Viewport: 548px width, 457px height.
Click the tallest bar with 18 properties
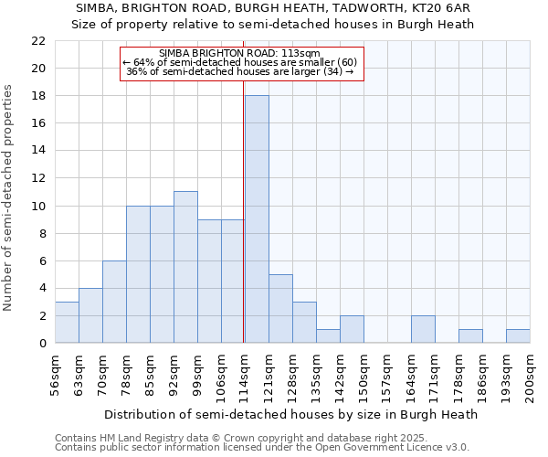(257, 219)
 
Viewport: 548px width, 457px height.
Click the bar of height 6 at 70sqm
(114, 302)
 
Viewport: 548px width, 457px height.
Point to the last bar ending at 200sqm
(518, 335)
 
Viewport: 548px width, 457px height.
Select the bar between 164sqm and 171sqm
(423, 329)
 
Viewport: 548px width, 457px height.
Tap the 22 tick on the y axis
(38, 41)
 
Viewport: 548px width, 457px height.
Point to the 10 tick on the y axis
(38, 206)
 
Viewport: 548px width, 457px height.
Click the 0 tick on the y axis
(42, 343)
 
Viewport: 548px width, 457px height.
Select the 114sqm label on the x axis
(245, 372)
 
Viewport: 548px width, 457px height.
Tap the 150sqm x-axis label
(364, 372)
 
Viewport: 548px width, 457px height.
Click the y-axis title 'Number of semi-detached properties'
(9, 197)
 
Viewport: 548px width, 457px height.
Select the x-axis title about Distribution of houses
(291, 414)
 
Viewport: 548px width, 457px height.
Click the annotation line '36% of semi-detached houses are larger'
(239, 71)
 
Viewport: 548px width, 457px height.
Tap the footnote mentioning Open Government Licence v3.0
(262, 447)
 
